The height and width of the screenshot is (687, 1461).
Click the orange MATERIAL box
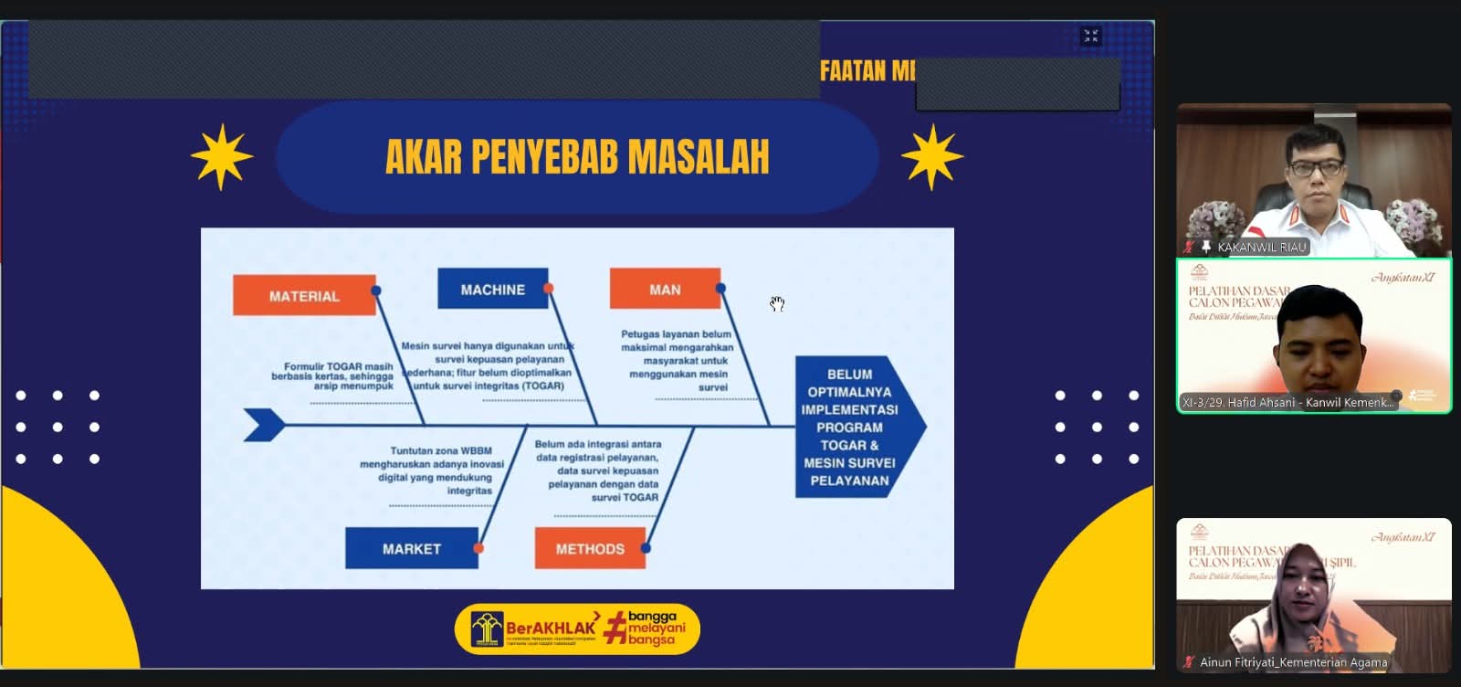click(x=304, y=296)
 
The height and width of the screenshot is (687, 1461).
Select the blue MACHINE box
click(x=492, y=290)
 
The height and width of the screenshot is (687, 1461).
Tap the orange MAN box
click(x=665, y=290)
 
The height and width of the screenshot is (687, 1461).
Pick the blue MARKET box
click(x=411, y=549)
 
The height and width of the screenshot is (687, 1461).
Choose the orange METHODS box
click(x=590, y=549)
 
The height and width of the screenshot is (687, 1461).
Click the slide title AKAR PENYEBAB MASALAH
click(x=577, y=157)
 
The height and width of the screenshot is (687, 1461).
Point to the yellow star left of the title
click(x=222, y=157)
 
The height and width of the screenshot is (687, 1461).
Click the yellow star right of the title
click(x=932, y=157)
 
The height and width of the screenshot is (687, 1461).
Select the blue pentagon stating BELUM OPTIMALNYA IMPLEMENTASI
click(x=849, y=427)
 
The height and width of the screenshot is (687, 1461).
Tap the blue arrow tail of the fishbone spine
click(x=265, y=425)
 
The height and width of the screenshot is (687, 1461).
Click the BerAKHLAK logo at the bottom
click(x=577, y=629)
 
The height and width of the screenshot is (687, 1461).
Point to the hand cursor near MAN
click(x=777, y=303)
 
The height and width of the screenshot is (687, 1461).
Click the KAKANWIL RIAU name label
click(x=1261, y=248)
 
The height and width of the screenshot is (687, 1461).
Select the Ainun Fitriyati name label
click(x=1293, y=662)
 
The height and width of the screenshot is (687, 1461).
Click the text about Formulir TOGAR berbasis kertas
click(x=333, y=376)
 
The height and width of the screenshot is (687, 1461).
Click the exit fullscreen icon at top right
click(x=1090, y=36)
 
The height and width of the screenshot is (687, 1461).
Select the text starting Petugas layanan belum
click(x=677, y=361)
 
